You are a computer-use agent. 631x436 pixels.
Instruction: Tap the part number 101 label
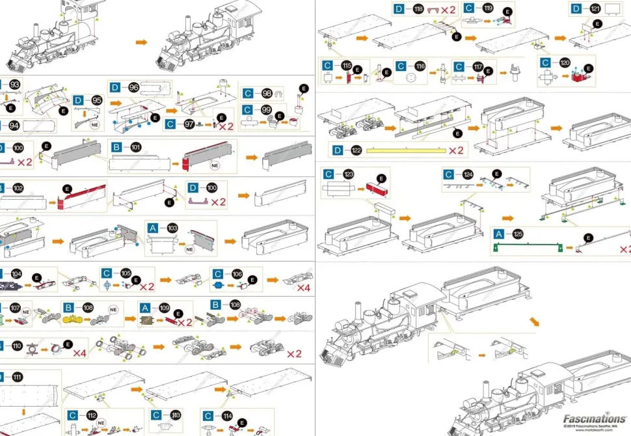coord(136,147)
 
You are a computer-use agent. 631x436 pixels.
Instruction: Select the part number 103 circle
coord(172,228)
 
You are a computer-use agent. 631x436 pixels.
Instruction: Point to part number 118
coord(418,9)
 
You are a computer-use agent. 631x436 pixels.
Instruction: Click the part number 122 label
coord(356,150)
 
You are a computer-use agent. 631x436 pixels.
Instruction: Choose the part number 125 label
coord(517,234)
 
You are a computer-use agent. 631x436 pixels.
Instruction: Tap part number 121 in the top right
coord(595,8)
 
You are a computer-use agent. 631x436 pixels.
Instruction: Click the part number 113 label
coord(176,415)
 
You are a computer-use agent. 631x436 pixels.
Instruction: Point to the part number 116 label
coord(420,66)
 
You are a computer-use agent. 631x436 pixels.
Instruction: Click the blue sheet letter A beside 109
coord(146,307)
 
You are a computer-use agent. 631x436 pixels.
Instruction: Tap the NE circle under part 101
coord(215,165)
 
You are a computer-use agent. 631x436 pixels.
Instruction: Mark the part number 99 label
coord(266,109)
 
